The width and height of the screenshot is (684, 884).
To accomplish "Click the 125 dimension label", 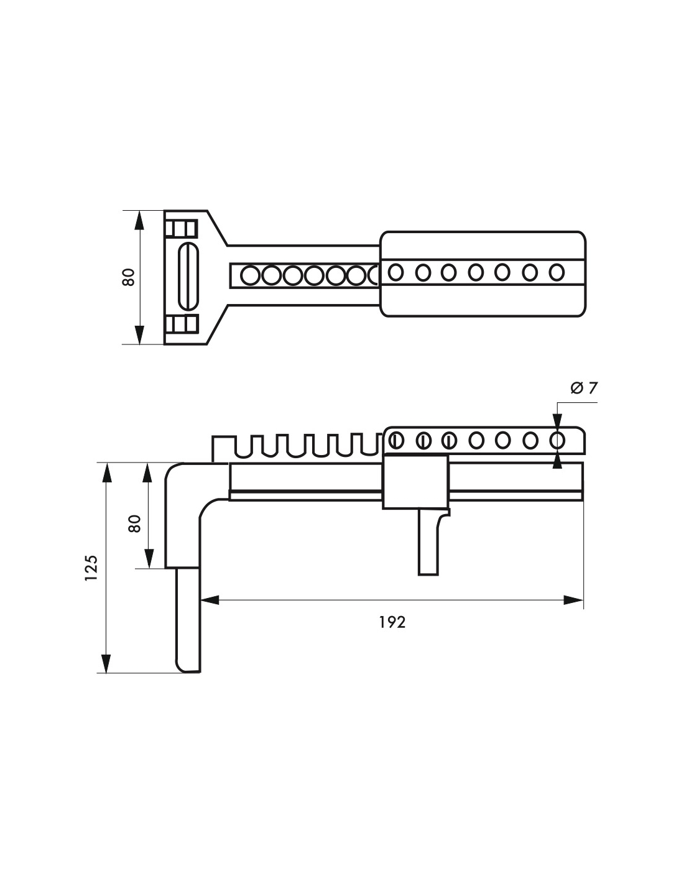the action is click(x=91, y=568).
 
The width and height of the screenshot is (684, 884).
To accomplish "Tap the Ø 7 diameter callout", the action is click(x=584, y=388).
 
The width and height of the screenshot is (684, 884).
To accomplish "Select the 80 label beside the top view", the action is click(x=129, y=277).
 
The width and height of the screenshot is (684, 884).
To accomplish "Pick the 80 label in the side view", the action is click(x=134, y=523).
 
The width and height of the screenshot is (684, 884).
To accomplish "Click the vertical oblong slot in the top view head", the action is click(x=188, y=276).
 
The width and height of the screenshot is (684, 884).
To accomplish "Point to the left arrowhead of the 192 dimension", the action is click(x=210, y=600).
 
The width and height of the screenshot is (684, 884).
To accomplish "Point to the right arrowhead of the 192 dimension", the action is click(x=574, y=600).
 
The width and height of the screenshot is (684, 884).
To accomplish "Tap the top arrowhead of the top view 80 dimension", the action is click(x=139, y=220).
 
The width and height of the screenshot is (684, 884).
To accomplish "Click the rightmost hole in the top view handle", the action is click(x=557, y=272).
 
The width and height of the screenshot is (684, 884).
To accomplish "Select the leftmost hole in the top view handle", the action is click(x=395, y=272).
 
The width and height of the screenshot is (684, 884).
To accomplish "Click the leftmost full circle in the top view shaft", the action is click(x=250, y=276).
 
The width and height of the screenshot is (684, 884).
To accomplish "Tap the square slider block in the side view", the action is click(x=415, y=482).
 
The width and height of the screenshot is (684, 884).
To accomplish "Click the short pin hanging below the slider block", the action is click(x=428, y=542).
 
